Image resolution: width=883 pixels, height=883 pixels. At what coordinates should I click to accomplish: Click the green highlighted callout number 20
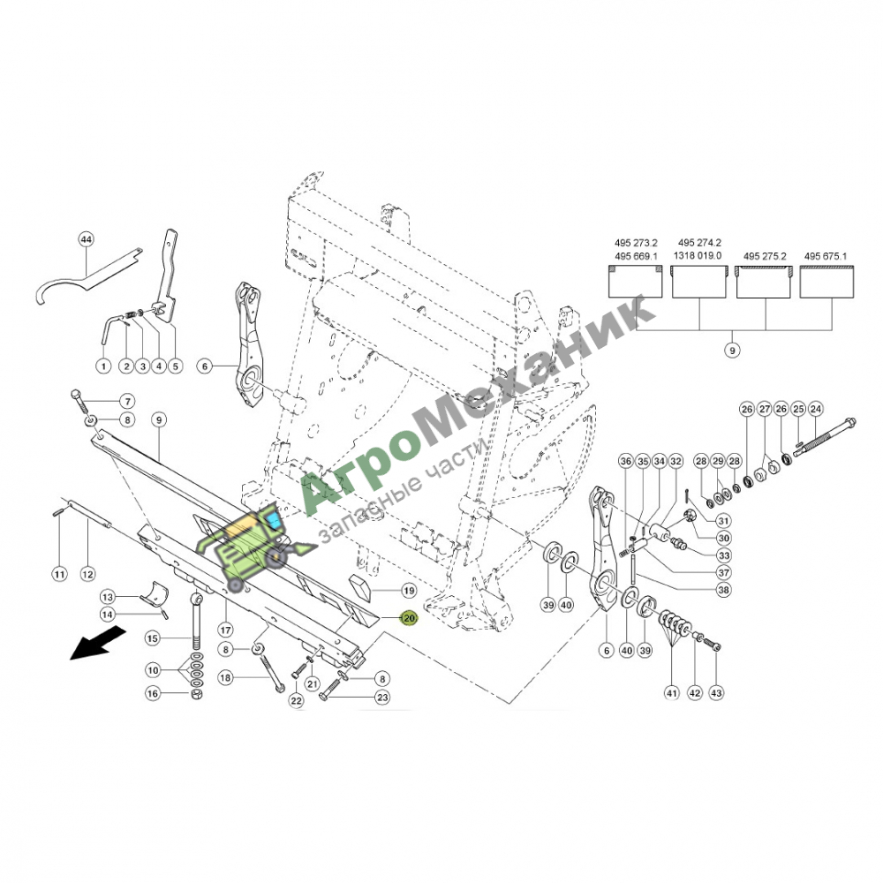point(409,618)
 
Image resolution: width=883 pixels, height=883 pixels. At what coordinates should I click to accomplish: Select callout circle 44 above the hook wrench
point(86,239)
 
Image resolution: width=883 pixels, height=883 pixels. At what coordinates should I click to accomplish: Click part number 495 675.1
point(826,256)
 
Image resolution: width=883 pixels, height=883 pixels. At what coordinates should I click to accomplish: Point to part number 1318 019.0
point(698,255)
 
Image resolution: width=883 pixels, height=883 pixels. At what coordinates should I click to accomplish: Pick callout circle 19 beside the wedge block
point(409,590)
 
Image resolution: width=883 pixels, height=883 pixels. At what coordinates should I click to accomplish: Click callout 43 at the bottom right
point(716,692)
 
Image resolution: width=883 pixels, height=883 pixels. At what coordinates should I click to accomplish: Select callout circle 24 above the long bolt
point(815,409)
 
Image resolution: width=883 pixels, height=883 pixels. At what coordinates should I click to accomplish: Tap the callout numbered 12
point(87,575)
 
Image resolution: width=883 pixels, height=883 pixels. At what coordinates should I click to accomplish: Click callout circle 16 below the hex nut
point(153,693)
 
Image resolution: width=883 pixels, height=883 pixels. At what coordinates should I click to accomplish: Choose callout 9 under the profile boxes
point(732,351)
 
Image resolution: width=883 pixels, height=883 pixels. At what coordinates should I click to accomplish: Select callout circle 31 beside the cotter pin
point(724,521)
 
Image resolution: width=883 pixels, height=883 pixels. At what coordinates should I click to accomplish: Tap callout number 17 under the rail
point(226,630)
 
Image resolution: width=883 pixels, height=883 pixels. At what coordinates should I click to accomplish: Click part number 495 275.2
point(765,256)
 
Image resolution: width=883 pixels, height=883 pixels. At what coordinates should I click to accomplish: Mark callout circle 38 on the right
point(724,590)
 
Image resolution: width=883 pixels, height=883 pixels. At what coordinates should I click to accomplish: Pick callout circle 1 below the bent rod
point(103,366)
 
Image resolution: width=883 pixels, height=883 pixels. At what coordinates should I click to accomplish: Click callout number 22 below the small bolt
point(296,700)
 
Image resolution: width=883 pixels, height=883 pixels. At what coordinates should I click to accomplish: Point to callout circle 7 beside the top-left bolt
point(127,402)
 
